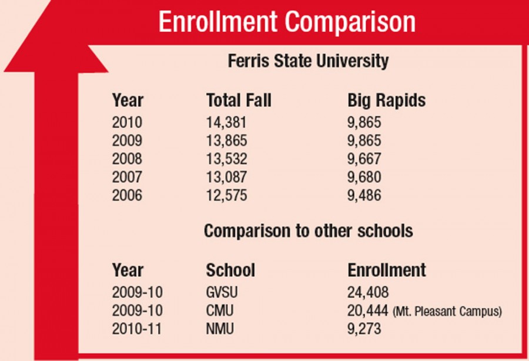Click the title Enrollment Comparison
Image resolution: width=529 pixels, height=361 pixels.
click(287, 23)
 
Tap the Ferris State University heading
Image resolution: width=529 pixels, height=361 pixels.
click(307, 61)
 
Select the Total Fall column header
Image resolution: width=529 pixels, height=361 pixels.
click(239, 101)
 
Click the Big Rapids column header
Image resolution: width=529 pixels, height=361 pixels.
click(386, 101)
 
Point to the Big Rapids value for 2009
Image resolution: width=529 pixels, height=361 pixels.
click(364, 141)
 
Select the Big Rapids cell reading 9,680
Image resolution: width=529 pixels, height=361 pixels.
click(364, 177)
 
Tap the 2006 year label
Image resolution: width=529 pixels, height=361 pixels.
click(127, 195)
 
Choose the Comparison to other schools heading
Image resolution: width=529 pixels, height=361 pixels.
click(308, 231)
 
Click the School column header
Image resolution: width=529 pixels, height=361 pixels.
click(230, 270)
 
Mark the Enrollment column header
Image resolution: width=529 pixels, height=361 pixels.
click(386, 270)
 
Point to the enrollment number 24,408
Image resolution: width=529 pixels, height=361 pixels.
click(369, 293)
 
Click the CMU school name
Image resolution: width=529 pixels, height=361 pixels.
click(219, 311)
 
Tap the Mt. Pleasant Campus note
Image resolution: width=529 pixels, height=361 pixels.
click(447, 312)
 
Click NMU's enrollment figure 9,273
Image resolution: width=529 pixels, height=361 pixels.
click(364, 329)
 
